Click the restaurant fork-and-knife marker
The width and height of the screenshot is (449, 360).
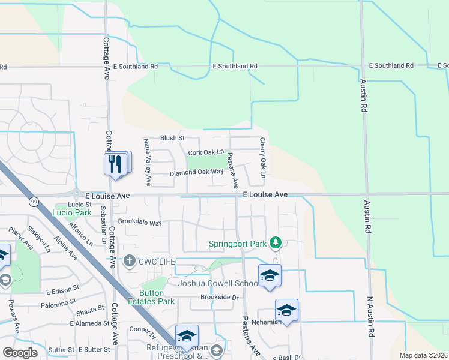[115, 163]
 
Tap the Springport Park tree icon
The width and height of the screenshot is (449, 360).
[276, 242]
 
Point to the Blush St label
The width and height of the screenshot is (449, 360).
[172, 138]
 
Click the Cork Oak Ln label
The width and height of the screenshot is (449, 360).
[205, 153]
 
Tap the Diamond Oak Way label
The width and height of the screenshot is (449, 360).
[192, 173]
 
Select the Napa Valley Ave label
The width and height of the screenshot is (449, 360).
[148, 161]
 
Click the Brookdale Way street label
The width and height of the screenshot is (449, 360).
[140, 223]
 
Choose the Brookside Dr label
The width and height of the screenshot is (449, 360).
[220, 298]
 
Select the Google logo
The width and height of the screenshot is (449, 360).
[20, 352]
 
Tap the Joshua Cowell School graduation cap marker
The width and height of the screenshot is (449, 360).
[270, 275]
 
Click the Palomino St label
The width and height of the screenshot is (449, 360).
[59, 305]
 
